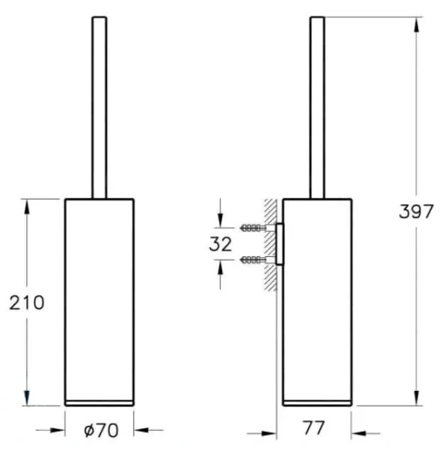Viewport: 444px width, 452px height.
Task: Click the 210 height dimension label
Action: pos(27,303)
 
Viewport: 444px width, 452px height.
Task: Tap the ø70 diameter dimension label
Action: pos(101,430)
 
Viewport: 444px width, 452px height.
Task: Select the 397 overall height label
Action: pos(416,211)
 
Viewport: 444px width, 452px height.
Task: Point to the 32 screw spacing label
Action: pos(220,244)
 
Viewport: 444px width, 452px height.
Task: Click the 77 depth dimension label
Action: pos(314,428)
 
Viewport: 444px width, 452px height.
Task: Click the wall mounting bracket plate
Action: pos(280,244)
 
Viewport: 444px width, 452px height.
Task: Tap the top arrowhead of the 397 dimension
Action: pos(416,25)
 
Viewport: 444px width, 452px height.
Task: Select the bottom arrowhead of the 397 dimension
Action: pos(416,398)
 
